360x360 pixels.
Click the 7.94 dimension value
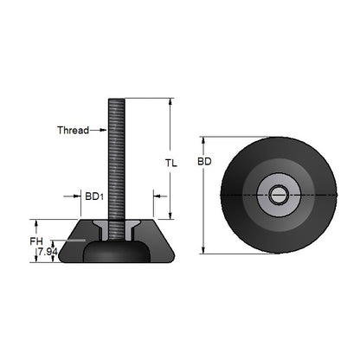[x=46, y=252]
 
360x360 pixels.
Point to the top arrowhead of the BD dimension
[x=202, y=139]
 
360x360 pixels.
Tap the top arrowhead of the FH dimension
[x=35, y=222]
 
